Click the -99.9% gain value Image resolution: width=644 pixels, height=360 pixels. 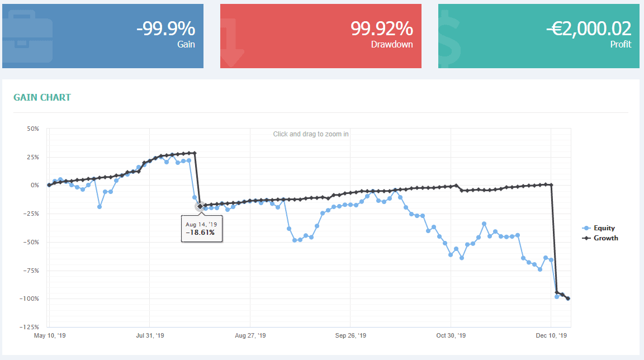click(x=165, y=28)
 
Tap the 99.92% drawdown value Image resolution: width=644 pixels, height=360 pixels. click(x=382, y=28)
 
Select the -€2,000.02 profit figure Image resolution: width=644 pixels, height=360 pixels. click(x=589, y=28)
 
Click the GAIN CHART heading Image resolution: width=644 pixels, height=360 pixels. click(x=42, y=97)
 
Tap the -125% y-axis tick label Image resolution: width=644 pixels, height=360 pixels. click(x=30, y=327)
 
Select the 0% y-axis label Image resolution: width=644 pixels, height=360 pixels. click(x=35, y=186)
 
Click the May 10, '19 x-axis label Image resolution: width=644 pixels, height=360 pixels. click(x=49, y=335)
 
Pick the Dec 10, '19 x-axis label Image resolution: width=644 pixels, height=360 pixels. click(x=551, y=335)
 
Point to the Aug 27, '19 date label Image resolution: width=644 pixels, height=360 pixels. click(x=250, y=335)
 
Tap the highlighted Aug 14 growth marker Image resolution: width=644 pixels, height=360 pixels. click(x=200, y=206)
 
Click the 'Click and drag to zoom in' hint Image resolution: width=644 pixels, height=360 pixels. click(x=311, y=134)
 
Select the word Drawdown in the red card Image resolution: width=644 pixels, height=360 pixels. click(x=392, y=45)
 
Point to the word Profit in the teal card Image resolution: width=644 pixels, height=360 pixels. click(x=621, y=45)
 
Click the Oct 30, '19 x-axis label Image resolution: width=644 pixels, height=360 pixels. click(x=451, y=335)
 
